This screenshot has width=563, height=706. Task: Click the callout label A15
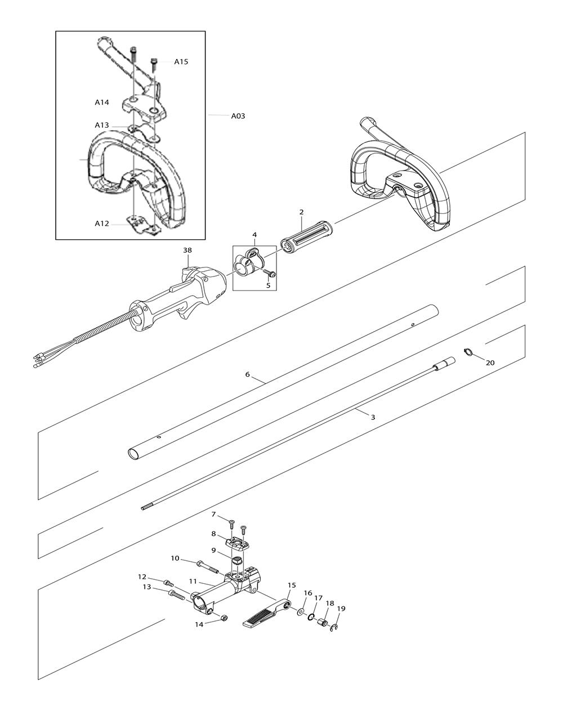click(181, 62)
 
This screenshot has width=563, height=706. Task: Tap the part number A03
click(238, 116)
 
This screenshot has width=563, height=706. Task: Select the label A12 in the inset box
click(102, 224)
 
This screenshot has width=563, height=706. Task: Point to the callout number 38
click(187, 250)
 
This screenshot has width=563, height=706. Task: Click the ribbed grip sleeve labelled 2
click(307, 237)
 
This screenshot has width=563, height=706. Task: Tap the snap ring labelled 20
click(468, 352)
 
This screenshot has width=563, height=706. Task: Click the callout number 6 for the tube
click(247, 374)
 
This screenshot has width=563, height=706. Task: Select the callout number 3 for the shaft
click(373, 417)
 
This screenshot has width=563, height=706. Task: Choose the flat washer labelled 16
click(301, 612)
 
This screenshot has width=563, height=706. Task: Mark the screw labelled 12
click(169, 583)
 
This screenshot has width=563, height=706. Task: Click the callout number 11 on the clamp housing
click(193, 582)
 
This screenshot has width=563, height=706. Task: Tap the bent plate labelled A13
click(144, 132)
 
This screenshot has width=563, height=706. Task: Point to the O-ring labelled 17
click(311, 618)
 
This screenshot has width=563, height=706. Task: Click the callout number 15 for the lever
click(292, 585)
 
